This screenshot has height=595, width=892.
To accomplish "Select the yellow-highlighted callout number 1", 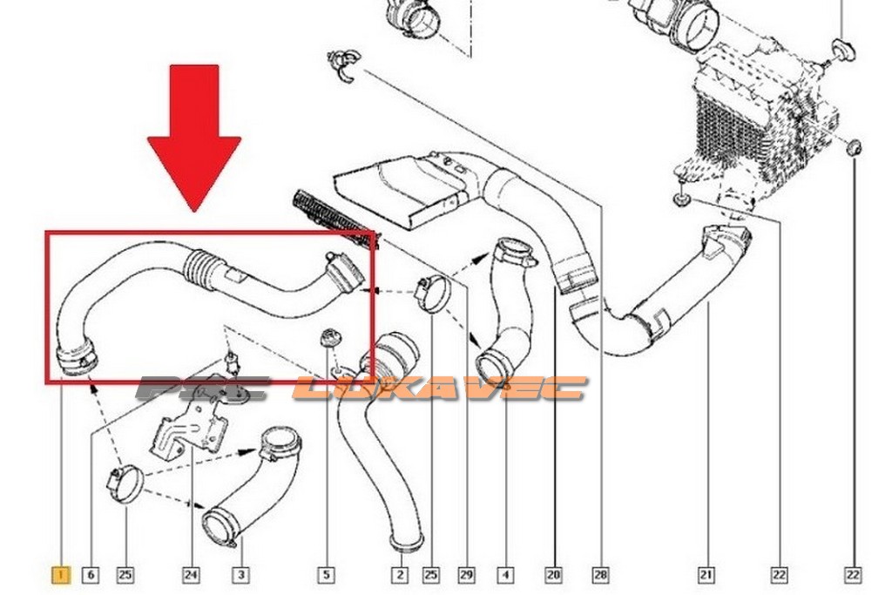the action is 60,574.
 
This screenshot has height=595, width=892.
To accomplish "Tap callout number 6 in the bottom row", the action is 91,574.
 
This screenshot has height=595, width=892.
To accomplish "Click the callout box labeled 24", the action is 191,574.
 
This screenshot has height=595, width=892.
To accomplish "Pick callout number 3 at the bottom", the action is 240,574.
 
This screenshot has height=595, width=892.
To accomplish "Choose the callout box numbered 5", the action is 326,574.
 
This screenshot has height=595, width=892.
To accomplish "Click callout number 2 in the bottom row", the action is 400,574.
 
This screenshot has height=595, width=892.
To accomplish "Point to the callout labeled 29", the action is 466,574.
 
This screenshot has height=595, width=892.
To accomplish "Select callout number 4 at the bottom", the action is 506,574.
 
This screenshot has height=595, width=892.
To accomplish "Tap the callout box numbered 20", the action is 553,574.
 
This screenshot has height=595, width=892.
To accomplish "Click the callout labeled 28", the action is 601,574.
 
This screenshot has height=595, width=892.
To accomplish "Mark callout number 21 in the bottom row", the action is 706,574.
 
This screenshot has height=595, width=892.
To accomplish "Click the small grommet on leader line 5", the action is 328,337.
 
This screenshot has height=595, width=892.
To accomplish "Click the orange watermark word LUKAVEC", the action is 439,389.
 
